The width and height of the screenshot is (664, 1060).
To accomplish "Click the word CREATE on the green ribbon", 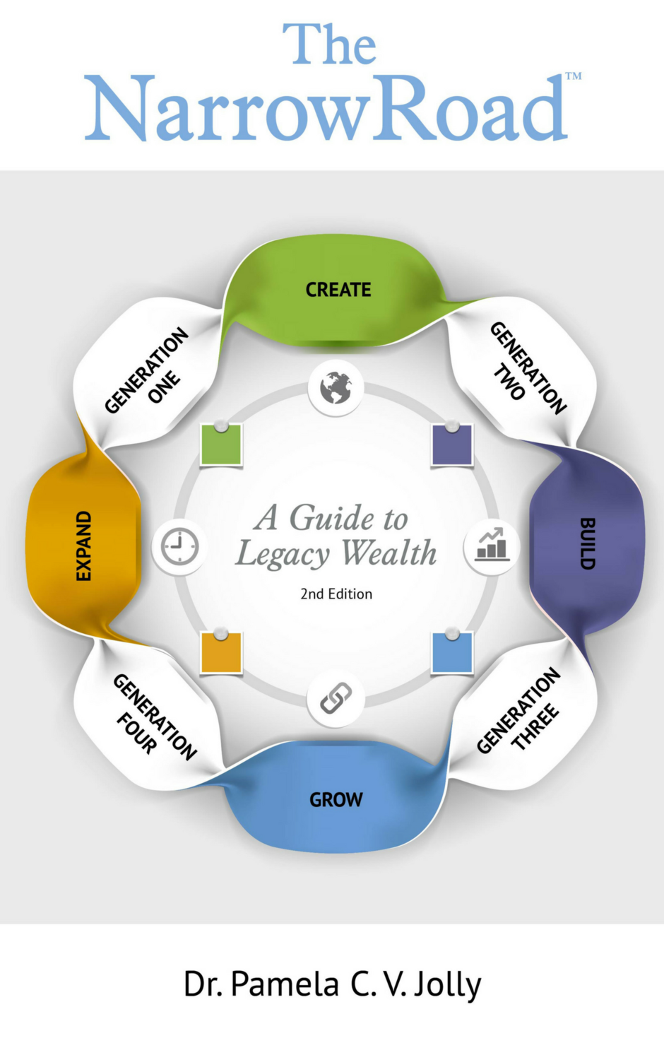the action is point(338,290).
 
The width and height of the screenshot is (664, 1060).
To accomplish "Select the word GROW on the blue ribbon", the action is point(336,800).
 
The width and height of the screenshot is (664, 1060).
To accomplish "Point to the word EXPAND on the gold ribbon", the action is point(83,546).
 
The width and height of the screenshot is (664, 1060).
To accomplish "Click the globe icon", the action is point(336,388).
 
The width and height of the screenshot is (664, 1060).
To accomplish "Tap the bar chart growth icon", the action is point(492,546).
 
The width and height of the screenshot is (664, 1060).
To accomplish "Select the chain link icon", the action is point(336,699).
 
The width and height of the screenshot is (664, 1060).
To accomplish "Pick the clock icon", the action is point(180,546).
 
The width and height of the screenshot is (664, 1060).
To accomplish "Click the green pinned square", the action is point(221,445).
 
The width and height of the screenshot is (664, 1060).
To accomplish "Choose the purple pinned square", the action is point(452,445).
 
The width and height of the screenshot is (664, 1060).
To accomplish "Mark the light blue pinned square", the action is point(452,653).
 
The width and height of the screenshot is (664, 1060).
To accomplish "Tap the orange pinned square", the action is point(221,653).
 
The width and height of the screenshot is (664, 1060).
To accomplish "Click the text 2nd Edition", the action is point(336,594).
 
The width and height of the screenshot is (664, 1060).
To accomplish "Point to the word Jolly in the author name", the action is point(447,984).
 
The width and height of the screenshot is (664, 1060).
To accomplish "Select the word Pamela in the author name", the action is point(285,984).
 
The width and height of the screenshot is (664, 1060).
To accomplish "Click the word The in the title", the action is point(330,45).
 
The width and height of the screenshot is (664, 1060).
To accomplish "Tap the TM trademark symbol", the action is point(574,76).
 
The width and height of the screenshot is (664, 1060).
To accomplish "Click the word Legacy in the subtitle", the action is point(283,555).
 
